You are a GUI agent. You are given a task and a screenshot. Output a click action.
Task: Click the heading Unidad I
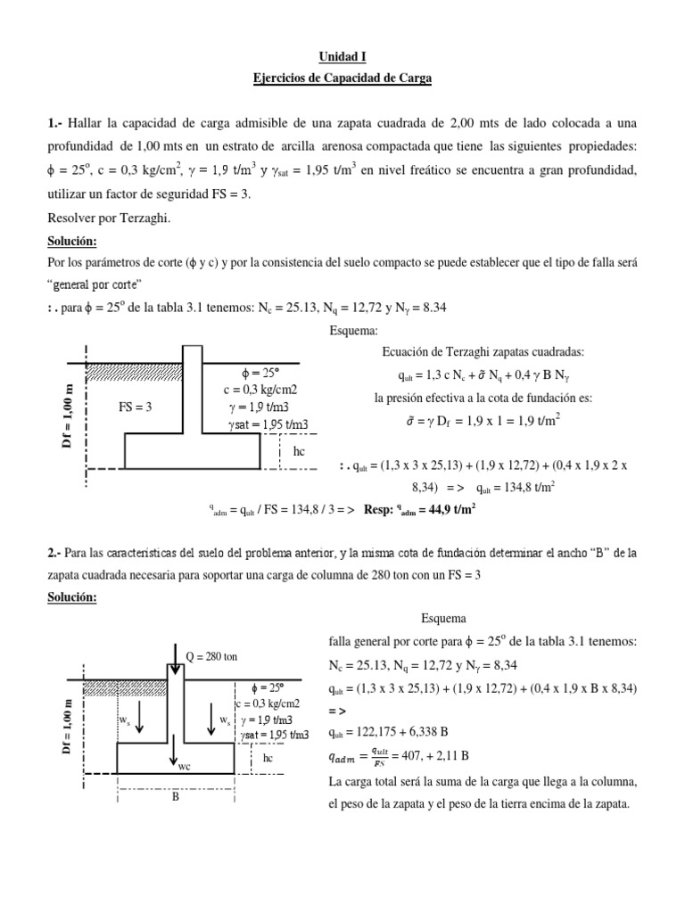(342, 57)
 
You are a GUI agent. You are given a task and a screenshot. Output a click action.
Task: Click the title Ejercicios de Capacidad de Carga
(342, 79)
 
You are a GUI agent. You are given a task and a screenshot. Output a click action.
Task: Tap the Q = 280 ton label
(212, 656)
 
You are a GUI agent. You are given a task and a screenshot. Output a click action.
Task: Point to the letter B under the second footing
(176, 797)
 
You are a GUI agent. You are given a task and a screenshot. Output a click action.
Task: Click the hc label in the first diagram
(299, 452)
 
